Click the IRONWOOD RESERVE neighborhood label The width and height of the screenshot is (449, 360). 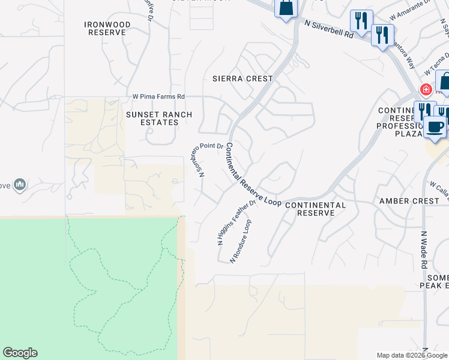point(107,28)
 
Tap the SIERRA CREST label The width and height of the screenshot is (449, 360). point(243,79)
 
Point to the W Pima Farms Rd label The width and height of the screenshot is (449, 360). point(158,97)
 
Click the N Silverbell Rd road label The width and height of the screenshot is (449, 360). point(329,29)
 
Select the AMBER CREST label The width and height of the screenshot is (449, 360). point(409,201)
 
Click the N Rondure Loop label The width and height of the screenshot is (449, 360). point(240,241)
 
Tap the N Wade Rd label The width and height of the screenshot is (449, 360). point(424,250)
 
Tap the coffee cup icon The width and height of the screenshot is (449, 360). point(435,127)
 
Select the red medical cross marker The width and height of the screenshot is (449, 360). point(426,90)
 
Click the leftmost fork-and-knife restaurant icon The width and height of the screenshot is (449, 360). point(361,21)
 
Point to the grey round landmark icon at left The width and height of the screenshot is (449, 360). point(19,184)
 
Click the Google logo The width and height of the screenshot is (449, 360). point(20,353)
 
